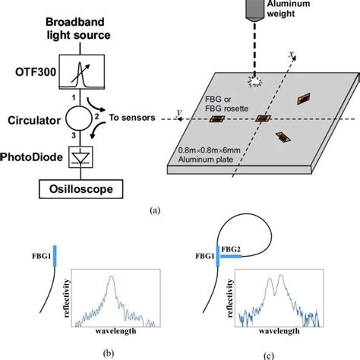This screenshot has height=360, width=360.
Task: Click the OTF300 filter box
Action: [82, 71]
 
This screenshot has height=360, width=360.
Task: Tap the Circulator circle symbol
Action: [79, 118]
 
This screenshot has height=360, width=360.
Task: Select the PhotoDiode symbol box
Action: [81, 157]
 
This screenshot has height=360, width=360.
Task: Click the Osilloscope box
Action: [81, 189]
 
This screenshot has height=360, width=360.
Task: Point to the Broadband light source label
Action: [78, 28]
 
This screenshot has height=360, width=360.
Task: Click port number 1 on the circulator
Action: [74, 97]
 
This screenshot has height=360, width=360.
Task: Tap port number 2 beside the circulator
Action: [96, 117]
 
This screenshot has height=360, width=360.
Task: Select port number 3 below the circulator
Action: [74, 135]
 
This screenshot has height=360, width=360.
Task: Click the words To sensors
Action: [132, 118]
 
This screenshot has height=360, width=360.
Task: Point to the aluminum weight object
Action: [255, 10]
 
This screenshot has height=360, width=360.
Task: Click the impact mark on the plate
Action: [254, 81]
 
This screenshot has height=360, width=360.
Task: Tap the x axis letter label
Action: [292, 54]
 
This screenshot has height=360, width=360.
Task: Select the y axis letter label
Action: [179, 112]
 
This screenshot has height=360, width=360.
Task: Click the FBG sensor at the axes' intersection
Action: [263, 118]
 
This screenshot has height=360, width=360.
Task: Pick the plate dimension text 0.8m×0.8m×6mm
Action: [209, 150]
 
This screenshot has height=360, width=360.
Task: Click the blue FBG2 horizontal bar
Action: [231, 257]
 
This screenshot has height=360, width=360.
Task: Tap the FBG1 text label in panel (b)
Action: [42, 256]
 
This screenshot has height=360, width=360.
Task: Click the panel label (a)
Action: [155, 210]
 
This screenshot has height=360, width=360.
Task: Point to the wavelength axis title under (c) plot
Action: [279, 331]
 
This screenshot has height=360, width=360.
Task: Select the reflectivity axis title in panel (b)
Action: [67, 298]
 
